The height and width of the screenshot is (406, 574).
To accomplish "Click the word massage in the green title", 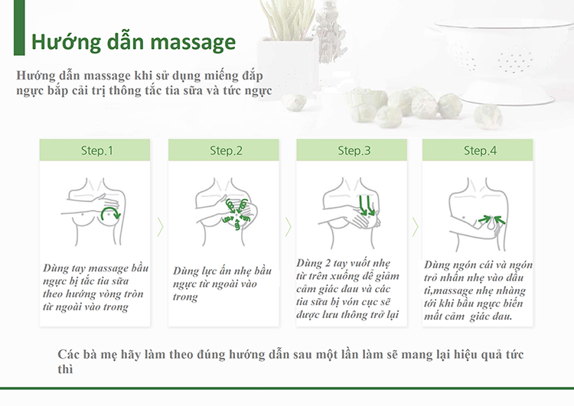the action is (193, 43).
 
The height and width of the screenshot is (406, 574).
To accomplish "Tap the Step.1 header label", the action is (97, 151).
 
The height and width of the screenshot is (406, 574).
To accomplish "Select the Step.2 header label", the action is (226, 151).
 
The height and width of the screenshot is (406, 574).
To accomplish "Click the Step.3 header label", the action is (354, 151).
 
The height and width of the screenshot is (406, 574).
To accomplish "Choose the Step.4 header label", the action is (480, 151).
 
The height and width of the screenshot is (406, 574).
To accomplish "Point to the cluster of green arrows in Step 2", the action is (236, 214).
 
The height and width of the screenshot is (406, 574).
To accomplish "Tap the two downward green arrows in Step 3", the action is (367, 206).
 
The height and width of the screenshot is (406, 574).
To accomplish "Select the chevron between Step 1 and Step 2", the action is (160, 227).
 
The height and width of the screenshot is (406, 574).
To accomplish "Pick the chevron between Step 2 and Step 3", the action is (288, 227).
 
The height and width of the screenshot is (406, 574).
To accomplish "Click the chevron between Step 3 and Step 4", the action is (415, 227).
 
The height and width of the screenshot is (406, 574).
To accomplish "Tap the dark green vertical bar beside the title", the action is (19, 28).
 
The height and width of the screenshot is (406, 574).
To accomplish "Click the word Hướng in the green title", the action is (66, 42).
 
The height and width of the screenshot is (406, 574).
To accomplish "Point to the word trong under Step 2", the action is (185, 297).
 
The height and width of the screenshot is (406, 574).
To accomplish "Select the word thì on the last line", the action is (65, 369).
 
